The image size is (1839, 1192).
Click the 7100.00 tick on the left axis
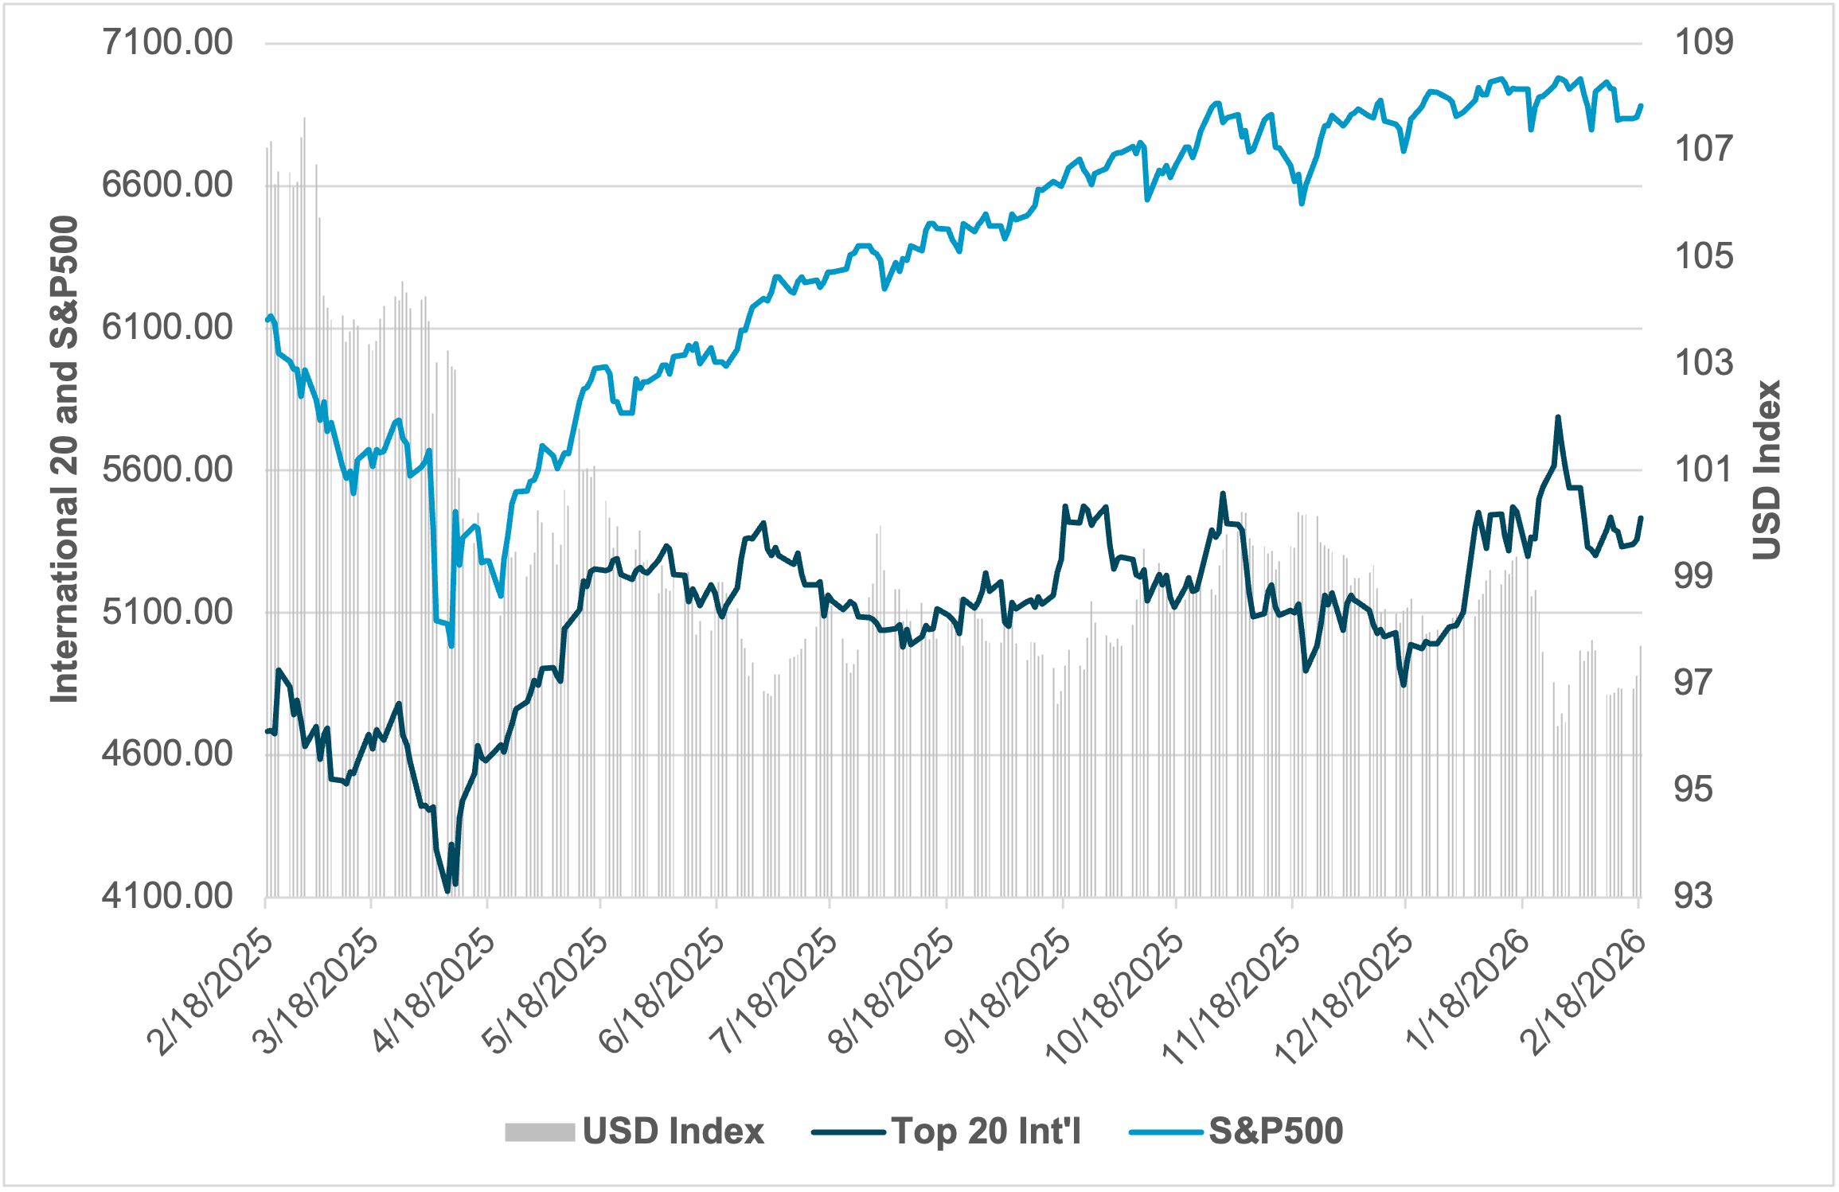[x=167, y=42]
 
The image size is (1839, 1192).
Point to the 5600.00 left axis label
[x=167, y=469]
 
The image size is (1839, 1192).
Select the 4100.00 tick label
[x=167, y=896]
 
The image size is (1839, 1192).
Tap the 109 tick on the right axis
[x=1703, y=42]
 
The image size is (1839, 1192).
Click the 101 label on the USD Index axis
[x=1703, y=469]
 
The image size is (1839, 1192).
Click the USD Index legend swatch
[x=540, y=1132]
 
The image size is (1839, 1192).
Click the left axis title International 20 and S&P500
[x=65, y=460]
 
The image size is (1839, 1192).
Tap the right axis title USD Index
[x=1767, y=469]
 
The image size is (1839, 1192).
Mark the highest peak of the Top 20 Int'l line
[x=1558, y=417]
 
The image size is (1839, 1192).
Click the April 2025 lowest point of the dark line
[x=447, y=891]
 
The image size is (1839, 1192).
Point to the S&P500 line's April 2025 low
[x=451, y=646]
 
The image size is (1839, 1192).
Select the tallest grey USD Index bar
[x=304, y=119]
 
